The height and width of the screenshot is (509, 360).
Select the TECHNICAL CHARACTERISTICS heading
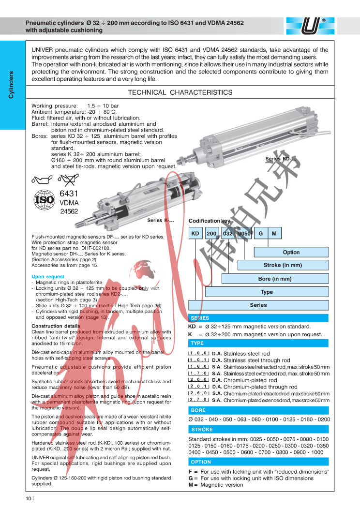pyautogui.click(x=180, y=92)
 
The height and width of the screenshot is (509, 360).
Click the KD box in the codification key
pyautogui.click(x=195, y=234)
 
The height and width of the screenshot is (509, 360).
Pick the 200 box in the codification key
pyautogui.click(x=212, y=234)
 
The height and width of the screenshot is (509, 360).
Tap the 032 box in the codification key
pyautogui.click(x=228, y=234)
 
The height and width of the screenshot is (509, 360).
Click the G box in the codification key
pyautogui.click(x=261, y=234)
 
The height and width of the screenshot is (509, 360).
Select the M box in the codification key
pyautogui.click(x=274, y=234)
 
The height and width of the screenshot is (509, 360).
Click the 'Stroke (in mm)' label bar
pyautogui.click(x=283, y=265)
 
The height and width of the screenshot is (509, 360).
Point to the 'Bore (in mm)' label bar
pyautogui.click(x=275, y=279)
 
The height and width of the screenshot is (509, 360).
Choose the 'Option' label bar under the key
pyautogui.click(x=291, y=252)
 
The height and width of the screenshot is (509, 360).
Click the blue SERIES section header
pyautogui.click(x=200, y=318)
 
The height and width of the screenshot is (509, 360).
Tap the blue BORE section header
pyautogui.click(x=198, y=410)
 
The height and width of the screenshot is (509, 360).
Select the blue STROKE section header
pyautogui.click(x=202, y=430)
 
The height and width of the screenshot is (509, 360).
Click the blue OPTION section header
pyautogui.click(x=201, y=462)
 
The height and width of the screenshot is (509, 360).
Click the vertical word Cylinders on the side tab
pyautogui.click(x=11, y=85)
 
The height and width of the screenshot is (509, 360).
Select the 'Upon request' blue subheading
pyautogui.click(x=48, y=277)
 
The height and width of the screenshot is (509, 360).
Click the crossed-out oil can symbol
pyautogui.click(x=67, y=181)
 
